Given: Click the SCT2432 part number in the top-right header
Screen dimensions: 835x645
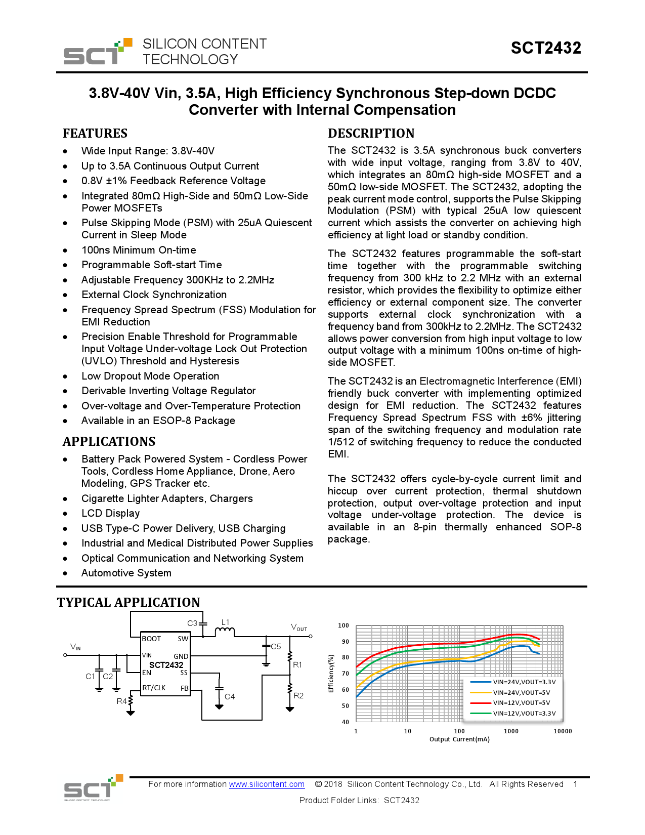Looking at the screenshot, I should [x=546, y=48].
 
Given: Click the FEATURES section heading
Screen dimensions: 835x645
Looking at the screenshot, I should [x=95, y=134].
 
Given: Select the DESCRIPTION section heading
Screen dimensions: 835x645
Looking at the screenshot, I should [x=371, y=134].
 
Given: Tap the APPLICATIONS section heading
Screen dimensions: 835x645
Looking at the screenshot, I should [x=109, y=442].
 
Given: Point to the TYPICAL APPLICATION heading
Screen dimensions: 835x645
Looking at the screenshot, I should [x=128, y=602].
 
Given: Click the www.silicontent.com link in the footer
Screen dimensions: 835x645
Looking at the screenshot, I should [x=267, y=784].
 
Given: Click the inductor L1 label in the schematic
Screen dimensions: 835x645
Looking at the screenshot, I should [x=226, y=622].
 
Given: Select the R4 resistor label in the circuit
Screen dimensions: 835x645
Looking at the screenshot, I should [x=122, y=701].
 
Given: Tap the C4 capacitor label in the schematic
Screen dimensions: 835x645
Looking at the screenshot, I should [x=230, y=697].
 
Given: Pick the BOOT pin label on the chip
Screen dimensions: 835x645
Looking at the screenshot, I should [x=151, y=639].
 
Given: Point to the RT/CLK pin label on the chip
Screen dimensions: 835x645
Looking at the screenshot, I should [x=154, y=688].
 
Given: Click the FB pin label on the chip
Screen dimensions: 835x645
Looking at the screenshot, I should [x=185, y=688].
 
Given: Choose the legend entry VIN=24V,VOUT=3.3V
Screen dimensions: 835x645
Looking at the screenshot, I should [x=524, y=682].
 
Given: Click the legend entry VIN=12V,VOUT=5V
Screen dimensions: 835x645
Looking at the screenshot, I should [x=521, y=703].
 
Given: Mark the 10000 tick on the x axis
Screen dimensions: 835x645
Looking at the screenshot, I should [x=563, y=731].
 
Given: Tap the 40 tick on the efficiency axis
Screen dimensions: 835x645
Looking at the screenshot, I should [x=346, y=722].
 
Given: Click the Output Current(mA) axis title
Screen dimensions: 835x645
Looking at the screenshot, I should [x=459, y=739].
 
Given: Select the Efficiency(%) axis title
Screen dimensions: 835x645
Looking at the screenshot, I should [x=331, y=674].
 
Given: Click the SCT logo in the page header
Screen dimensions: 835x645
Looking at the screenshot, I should [x=98, y=52].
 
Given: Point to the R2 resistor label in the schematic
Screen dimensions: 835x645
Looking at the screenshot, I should [x=298, y=696].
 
